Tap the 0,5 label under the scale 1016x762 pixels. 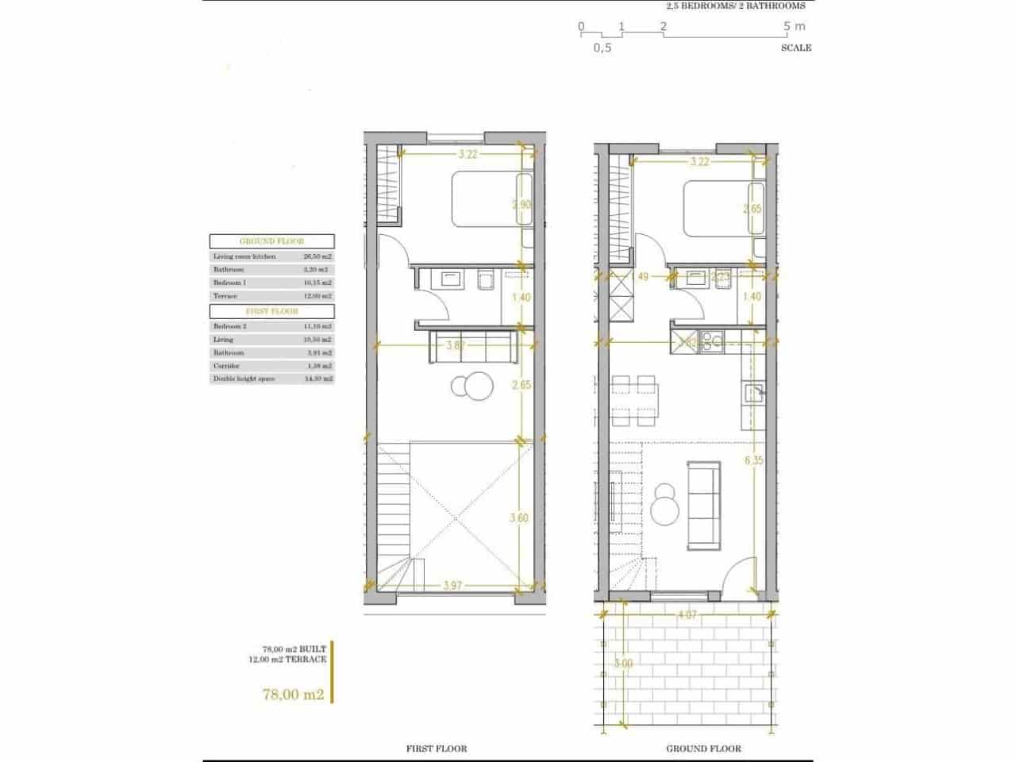602,48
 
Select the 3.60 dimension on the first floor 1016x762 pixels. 518,518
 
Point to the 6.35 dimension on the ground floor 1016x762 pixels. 753,460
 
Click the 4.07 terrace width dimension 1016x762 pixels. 688,614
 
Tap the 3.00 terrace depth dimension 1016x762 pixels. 625,664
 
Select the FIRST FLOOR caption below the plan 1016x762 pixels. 437,749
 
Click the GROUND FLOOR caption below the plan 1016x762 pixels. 703,749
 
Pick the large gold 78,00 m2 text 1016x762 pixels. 294,694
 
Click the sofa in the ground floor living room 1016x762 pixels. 704,503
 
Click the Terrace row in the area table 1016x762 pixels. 271,295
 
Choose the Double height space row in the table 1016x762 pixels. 271,379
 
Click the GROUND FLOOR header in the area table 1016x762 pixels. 271,241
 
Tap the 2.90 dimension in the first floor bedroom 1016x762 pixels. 521,204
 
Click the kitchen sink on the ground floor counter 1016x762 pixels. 752,391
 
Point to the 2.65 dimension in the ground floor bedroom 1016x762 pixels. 752,209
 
